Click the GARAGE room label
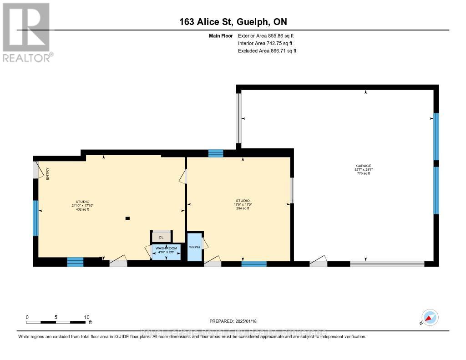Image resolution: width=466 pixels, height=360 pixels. [364, 166]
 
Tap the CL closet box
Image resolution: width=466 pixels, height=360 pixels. [161, 237]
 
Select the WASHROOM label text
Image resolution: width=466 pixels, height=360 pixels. [166, 248]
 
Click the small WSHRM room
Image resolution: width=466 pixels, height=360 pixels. [194, 248]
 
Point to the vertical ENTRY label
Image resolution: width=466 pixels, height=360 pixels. [47, 173]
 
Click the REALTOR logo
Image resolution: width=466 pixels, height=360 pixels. [27, 32]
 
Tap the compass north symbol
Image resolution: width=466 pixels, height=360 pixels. [430, 317]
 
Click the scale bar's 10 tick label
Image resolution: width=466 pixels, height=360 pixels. [86, 317]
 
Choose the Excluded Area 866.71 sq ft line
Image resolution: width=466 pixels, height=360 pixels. [267, 51]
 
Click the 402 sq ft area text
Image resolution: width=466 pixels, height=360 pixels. [82, 209]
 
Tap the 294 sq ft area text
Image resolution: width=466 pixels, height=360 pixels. [243, 208]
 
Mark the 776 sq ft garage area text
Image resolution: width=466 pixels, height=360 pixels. [364, 173]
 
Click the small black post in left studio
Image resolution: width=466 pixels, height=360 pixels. [127, 218]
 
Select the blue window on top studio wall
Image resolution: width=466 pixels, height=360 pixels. [216, 153]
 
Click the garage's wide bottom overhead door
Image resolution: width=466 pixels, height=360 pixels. [387, 264]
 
